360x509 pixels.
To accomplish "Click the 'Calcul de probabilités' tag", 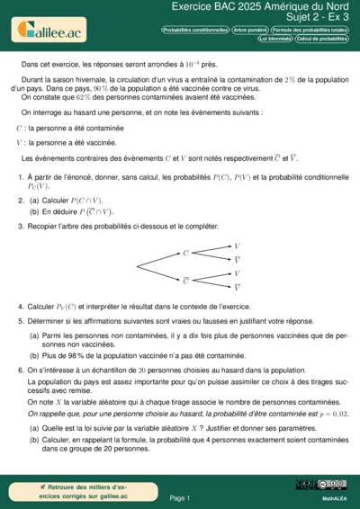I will pyautogui.click(x=321, y=40).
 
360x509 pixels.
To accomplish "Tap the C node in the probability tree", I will pyautogui.click(x=185, y=254).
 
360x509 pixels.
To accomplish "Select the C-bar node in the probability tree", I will pyautogui.click(x=185, y=280).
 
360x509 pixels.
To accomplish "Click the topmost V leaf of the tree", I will pyautogui.click(x=237, y=246).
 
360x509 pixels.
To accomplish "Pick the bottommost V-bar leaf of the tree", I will pyautogui.click(x=237, y=288).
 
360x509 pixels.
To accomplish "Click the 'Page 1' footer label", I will pyautogui.click(x=179, y=497).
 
